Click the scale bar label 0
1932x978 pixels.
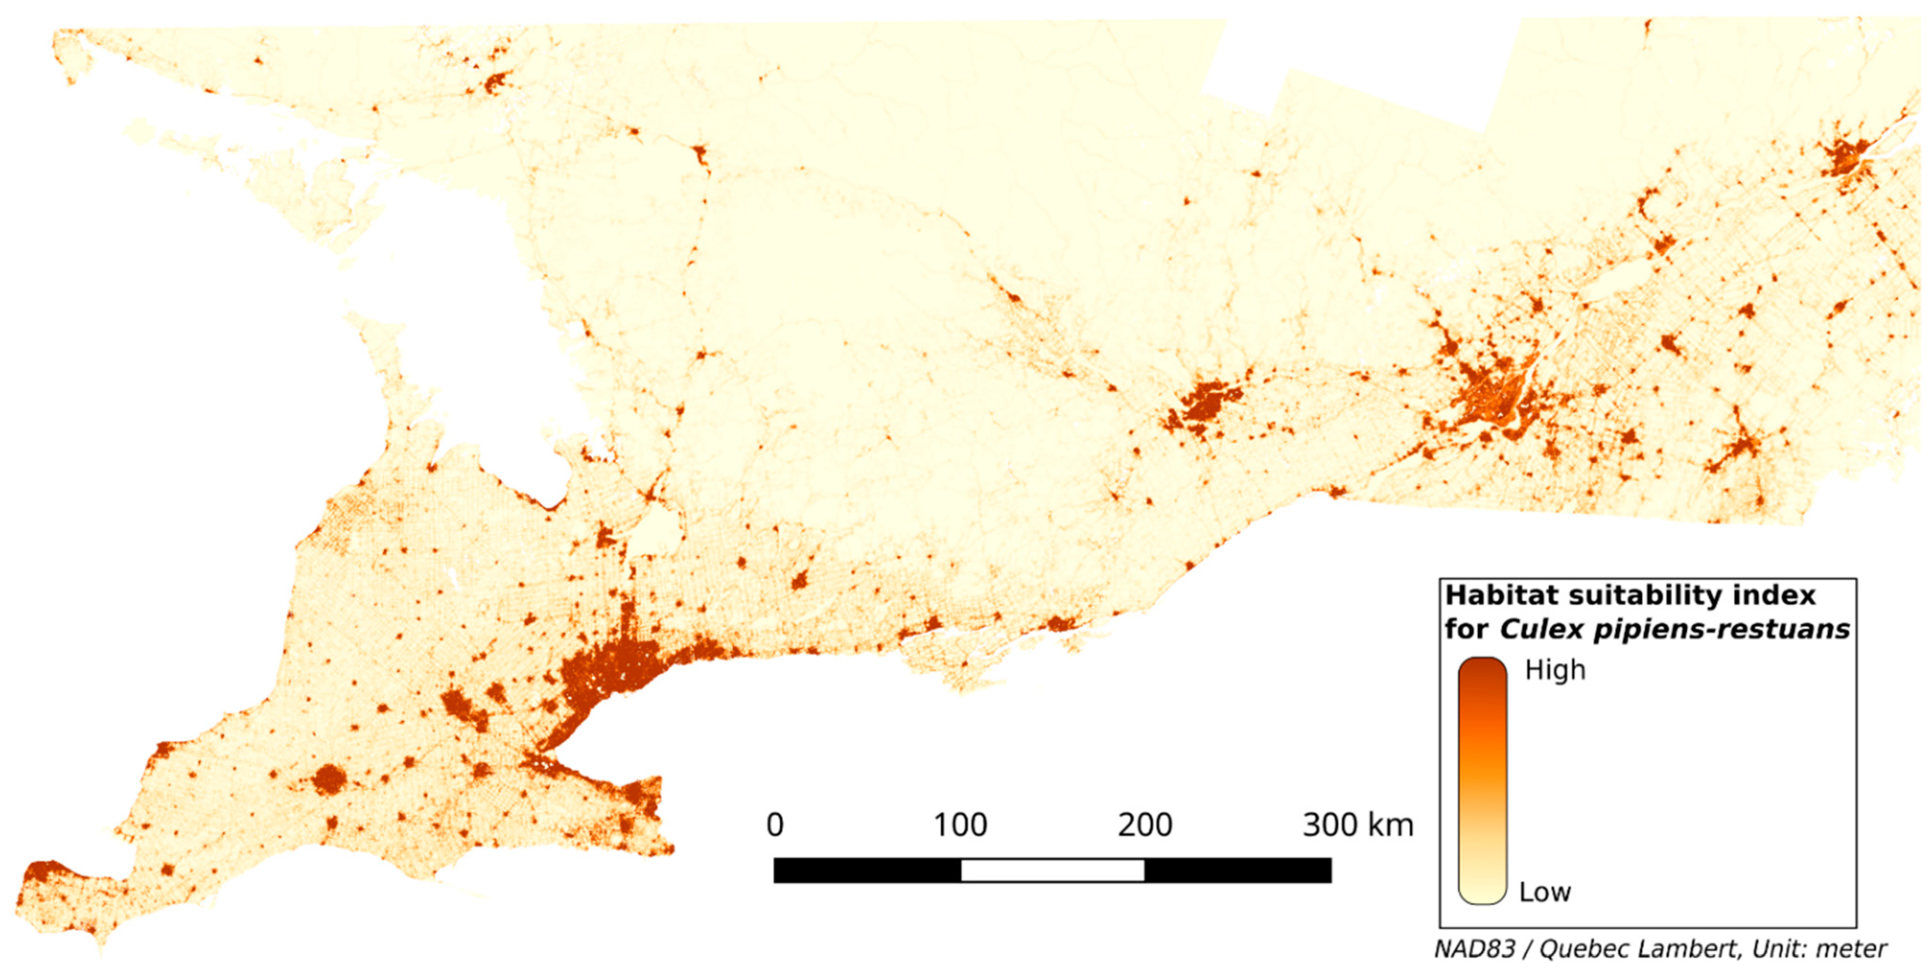775,825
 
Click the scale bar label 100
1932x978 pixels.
960,825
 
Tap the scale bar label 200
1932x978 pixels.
1145,825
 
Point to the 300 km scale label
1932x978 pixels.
1358,825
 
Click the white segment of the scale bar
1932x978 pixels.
1052,870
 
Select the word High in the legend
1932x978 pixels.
1555,670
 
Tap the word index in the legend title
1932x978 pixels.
1780,595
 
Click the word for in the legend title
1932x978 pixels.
1467,629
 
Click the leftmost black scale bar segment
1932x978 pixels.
867,870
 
